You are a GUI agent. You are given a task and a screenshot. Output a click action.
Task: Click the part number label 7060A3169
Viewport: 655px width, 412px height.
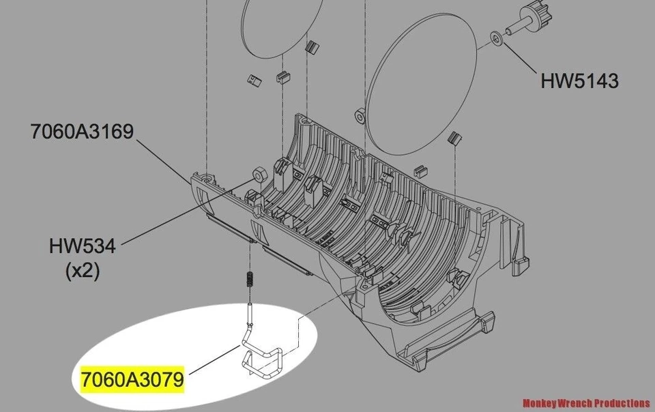click(x=81, y=131)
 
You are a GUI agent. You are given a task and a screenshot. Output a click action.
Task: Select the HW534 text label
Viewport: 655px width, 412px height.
click(x=83, y=245)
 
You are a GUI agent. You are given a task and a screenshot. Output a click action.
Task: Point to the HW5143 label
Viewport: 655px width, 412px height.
click(x=579, y=80)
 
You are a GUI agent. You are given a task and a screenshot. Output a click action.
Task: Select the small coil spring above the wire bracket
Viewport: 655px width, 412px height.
click(x=250, y=280)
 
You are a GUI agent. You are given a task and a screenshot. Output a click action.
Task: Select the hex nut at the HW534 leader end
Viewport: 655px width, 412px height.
click(x=259, y=173)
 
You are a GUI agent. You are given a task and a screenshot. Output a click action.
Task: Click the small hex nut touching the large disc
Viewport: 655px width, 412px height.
click(x=358, y=113)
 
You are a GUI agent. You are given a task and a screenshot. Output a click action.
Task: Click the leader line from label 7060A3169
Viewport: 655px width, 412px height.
click(x=164, y=161)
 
